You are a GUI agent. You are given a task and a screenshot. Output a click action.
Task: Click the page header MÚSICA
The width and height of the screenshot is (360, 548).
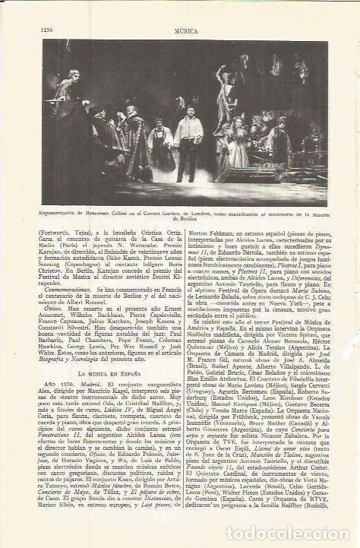185,8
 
